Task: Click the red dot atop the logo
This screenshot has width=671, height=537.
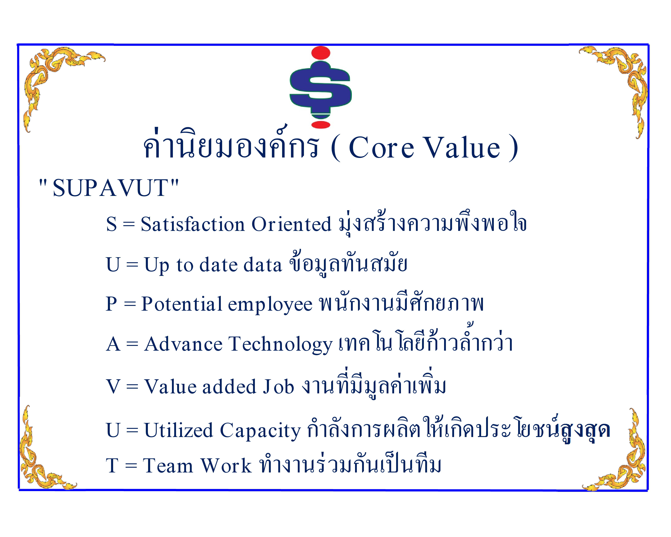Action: (x=320, y=53)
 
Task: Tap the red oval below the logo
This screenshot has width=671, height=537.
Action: (x=321, y=125)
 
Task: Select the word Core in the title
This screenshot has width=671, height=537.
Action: (x=381, y=148)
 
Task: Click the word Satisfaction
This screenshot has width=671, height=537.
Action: (x=193, y=224)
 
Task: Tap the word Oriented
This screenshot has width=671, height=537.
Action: (x=291, y=224)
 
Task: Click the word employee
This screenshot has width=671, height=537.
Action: (x=270, y=305)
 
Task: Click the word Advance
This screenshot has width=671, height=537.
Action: (x=183, y=344)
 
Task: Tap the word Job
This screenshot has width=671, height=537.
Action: (x=278, y=386)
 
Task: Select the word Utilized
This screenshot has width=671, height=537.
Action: (x=179, y=430)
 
